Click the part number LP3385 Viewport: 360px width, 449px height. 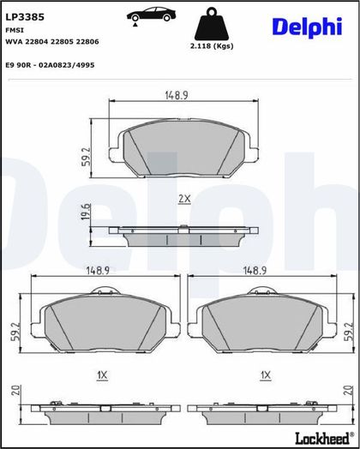tap(25, 17)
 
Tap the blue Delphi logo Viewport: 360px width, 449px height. tap(307, 27)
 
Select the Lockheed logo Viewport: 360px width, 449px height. tap(325, 438)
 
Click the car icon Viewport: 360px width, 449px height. tap(151, 15)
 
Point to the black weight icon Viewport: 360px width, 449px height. tap(212, 24)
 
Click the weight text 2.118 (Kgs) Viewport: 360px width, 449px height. tap(212, 45)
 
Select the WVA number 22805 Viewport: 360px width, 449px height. tap(63, 41)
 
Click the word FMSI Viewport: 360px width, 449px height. tap(15, 30)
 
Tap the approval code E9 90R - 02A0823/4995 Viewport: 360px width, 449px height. tap(50, 65)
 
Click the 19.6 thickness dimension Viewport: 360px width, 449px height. tap(86, 212)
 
